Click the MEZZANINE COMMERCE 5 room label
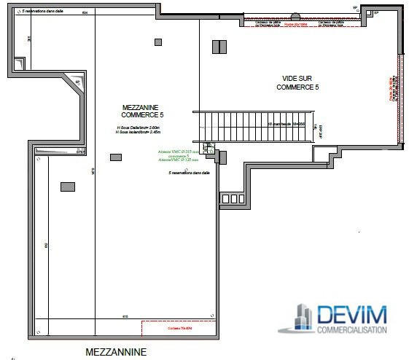pyautogui.click(x=142, y=111)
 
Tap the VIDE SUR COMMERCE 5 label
pyautogui.click(x=298, y=82)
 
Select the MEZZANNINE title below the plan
pyautogui.click(x=116, y=352)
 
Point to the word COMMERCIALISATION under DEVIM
pyautogui.click(x=352, y=330)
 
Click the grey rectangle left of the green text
pyautogui.click(x=115, y=157)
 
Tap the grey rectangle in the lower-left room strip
pyautogui.click(x=67, y=187)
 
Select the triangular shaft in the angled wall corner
pyautogui.click(x=79, y=85)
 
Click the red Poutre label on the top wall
pyautogui.click(x=295, y=25)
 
